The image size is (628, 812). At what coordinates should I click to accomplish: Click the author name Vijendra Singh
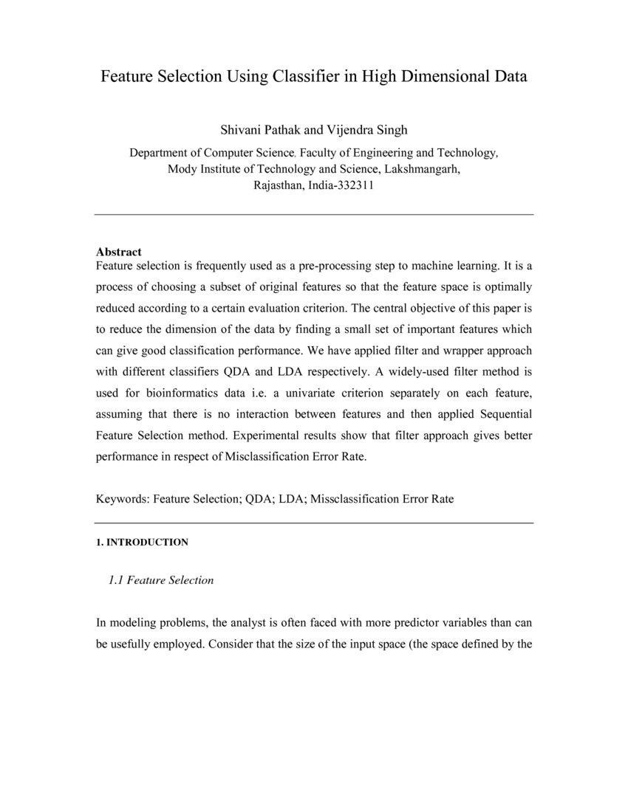point(366,131)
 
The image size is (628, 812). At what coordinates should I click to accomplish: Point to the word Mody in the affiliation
point(182,169)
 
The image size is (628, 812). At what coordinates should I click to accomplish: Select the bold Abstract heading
point(119,252)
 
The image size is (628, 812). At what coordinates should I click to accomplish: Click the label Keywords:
point(123,499)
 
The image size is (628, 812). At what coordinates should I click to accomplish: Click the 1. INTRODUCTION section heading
point(142,543)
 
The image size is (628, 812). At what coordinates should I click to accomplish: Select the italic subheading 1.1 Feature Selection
point(160,580)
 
